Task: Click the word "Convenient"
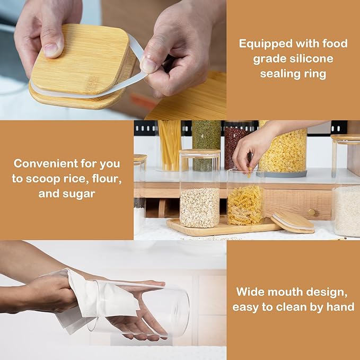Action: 46,164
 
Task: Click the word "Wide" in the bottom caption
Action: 250,292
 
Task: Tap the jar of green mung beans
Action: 206,145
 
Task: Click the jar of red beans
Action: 236,145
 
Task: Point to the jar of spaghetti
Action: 170,146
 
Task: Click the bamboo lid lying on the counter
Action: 293,222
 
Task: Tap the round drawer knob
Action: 311,212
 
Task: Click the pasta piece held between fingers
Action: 250,171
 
